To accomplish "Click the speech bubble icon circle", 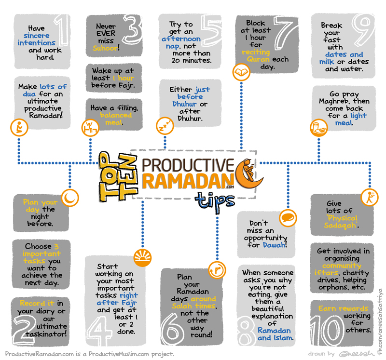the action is [286, 216].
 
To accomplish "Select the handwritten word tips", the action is [215, 199].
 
